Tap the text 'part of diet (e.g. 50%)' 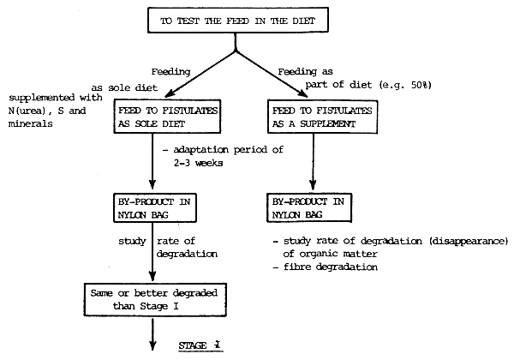[368, 87]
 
